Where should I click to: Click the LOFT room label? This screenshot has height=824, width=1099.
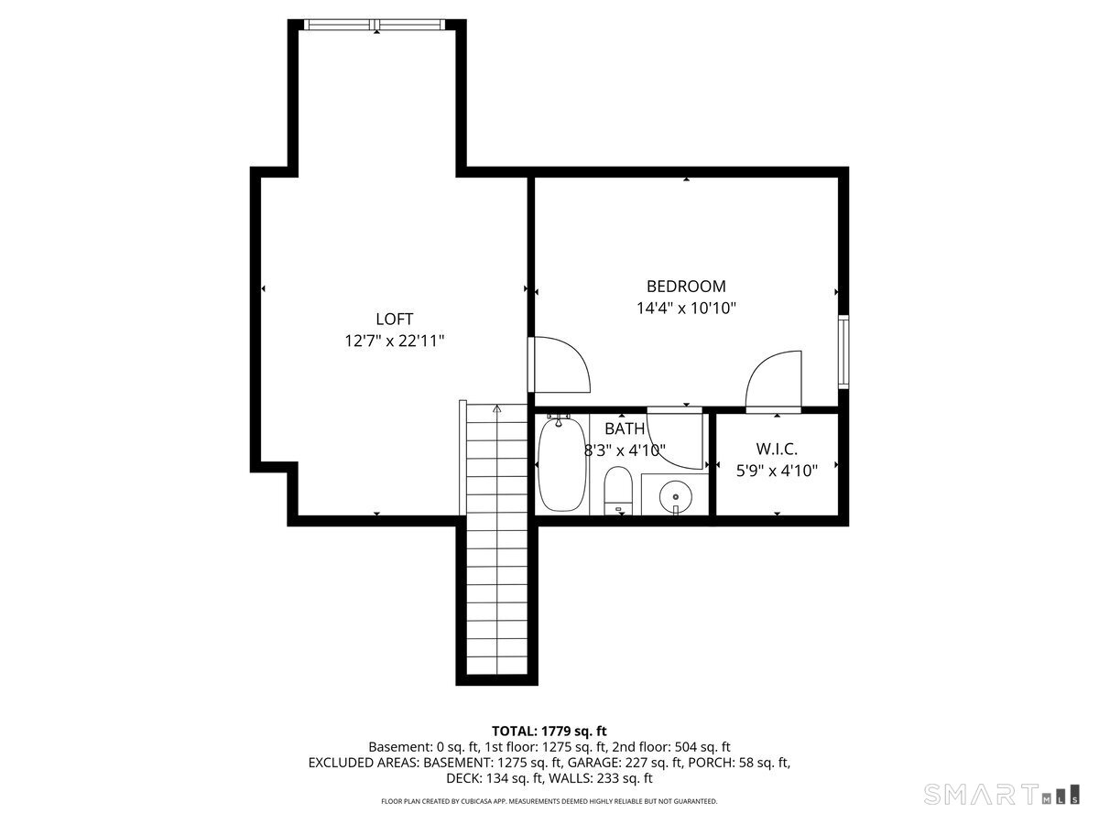[394, 319]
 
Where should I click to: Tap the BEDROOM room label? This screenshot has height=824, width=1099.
[686, 286]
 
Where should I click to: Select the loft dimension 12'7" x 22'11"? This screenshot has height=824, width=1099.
[394, 342]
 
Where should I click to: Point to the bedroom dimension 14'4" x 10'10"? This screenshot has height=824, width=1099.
[686, 309]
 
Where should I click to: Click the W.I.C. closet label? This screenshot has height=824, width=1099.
[777, 449]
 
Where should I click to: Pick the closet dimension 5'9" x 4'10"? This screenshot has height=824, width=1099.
[777, 471]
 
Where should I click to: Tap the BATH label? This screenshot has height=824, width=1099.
[624, 428]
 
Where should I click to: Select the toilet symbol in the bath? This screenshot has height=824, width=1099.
[619, 491]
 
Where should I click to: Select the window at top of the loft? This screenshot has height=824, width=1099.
[376, 25]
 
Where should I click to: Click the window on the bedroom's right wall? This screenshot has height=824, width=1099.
[843, 351]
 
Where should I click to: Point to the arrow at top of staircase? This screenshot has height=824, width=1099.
[496, 409]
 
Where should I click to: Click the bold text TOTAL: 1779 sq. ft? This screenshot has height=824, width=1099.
[549, 731]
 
